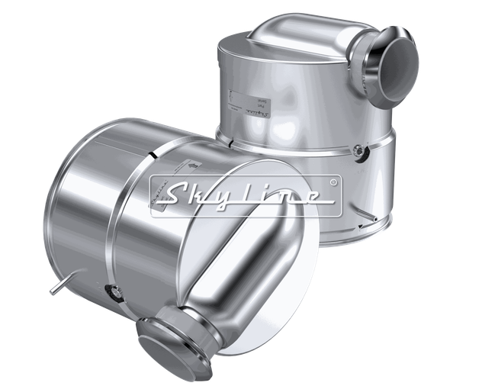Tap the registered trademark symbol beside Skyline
333,183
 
